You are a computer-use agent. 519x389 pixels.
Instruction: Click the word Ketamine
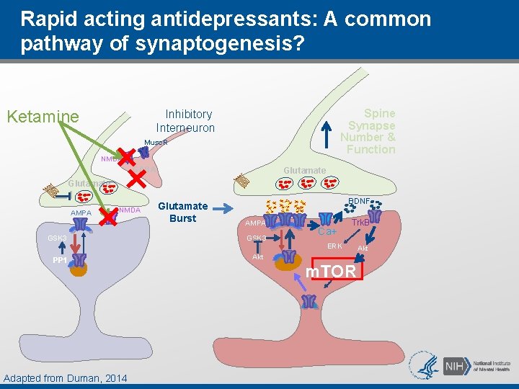tap(43, 117)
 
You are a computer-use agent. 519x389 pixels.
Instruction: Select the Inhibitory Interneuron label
tap(186, 121)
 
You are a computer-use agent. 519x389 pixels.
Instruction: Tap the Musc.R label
tap(156, 143)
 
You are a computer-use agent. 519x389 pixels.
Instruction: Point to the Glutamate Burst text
tap(182, 212)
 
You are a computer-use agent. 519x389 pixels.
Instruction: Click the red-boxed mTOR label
tap(331, 271)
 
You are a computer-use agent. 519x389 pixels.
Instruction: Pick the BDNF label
tap(359, 201)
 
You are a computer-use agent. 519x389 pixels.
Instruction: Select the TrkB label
tap(360, 223)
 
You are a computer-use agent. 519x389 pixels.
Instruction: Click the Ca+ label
tap(327, 232)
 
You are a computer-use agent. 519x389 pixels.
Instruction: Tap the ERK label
tap(334, 246)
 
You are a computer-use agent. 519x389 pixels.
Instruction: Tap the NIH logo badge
tap(456, 365)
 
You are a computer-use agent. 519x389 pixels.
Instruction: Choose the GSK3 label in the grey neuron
tap(57, 238)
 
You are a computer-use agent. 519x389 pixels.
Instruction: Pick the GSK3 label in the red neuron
tap(257, 238)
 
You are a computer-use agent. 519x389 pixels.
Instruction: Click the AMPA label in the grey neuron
tap(81, 213)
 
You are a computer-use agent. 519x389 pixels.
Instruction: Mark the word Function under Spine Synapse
tap(371, 149)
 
